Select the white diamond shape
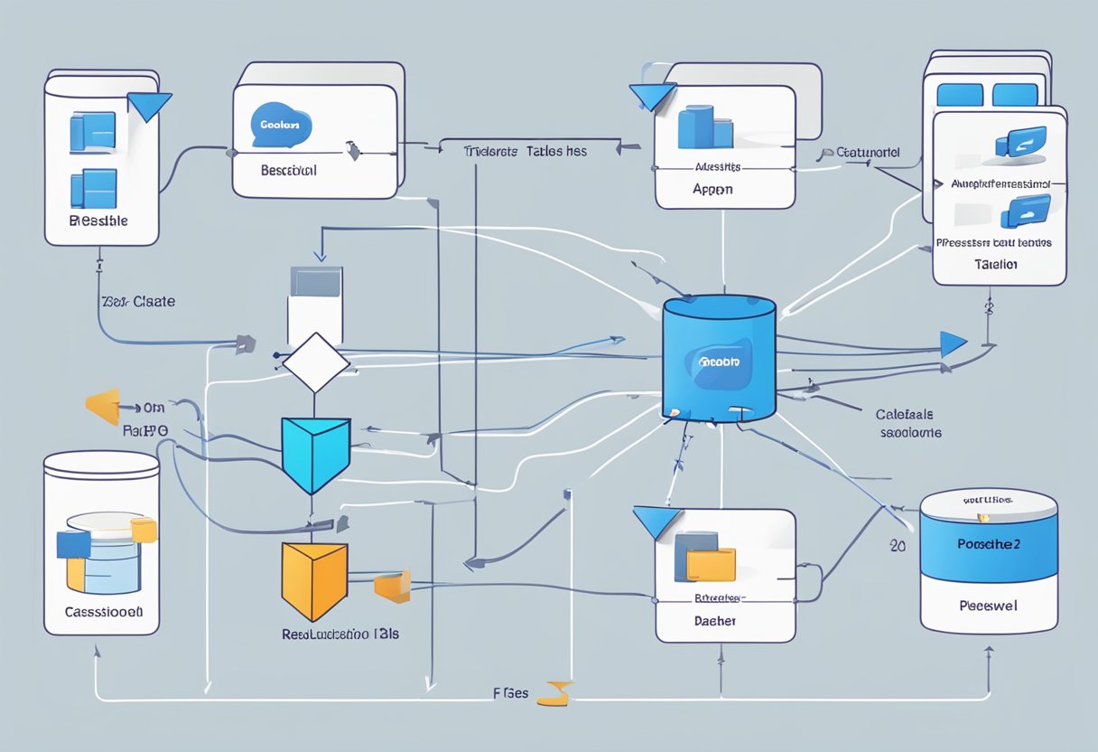click(315, 362)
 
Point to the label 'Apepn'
click(712, 190)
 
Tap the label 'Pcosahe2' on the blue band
click(988, 545)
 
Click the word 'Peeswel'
click(988, 606)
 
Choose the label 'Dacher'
click(714, 621)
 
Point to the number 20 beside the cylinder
click(897, 546)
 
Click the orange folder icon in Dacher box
click(711, 565)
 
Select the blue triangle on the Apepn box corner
click(653, 97)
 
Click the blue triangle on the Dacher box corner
click(656, 522)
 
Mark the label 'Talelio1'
click(996, 265)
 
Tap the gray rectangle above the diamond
click(315, 281)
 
